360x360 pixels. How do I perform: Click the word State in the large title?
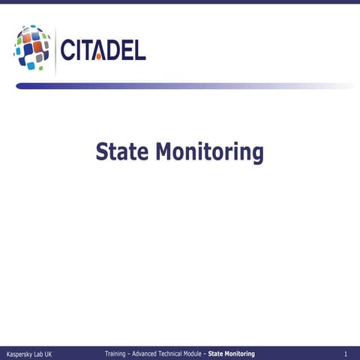(x=121, y=152)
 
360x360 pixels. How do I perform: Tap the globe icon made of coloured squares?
(x=32, y=47)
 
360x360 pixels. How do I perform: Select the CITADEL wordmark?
(x=103, y=51)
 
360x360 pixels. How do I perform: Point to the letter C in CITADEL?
(x=68, y=51)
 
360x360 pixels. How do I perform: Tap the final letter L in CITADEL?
(x=139, y=51)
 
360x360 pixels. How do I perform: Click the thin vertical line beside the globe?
(x=56, y=49)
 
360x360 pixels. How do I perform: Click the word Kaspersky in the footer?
(x=20, y=353)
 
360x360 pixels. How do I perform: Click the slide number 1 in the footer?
(x=345, y=352)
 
